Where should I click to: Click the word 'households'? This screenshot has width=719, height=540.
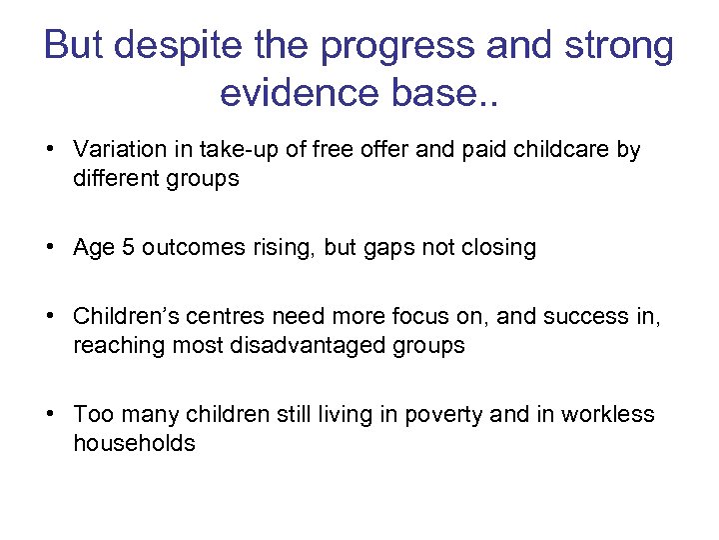click(x=134, y=443)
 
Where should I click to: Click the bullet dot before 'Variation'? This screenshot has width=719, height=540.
click(x=48, y=150)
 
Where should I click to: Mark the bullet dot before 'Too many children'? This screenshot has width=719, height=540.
click(x=48, y=414)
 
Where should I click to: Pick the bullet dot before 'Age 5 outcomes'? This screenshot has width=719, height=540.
click(x=48, y=248)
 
